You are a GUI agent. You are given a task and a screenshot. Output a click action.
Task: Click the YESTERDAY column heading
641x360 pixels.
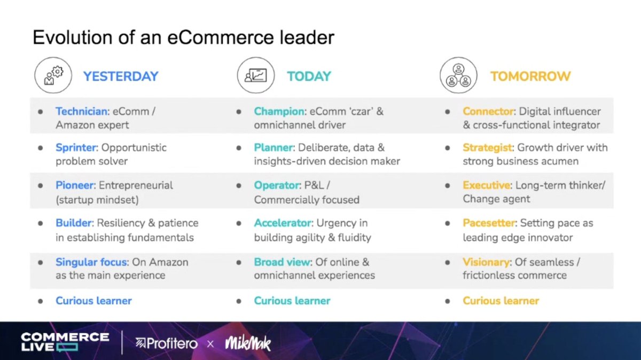pyautogui.click(x=120, y=76)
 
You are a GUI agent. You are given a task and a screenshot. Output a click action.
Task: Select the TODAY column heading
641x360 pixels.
pyautogui.click(x=309, y=76)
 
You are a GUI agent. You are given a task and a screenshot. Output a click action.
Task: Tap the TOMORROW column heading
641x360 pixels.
pyautogui.click(x=530, y=76)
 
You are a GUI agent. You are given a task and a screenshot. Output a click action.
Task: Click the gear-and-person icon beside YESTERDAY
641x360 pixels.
pyautogui.click(x=53, y=75)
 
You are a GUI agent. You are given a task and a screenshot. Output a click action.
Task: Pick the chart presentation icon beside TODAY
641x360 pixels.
pyautogui.click(x=255, y=75)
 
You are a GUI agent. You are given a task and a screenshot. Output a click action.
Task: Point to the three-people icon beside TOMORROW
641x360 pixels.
pyautogui.click(x=458, y=75)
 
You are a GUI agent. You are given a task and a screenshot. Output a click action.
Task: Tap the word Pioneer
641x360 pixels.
pyautogui.click(x=74, y=185)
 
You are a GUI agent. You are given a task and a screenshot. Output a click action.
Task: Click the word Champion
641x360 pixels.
pyautogui.click(x=278, y=112)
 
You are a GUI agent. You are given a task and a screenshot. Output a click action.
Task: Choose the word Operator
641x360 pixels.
pyautogui.click(x=276, y=185)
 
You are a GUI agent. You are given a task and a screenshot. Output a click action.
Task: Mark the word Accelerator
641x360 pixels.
pyautogui.click(x=283, y=223)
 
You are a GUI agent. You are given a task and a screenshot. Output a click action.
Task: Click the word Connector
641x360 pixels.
pyautogui.click(x=488, y=112)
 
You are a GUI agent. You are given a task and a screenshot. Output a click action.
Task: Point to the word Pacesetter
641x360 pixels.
pyautogui.click(x=488, y=223)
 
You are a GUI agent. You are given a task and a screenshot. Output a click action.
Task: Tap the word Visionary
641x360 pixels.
pyautogui.click(x=486, y=262)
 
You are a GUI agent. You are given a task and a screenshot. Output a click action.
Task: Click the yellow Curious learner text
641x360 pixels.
pyautogui.click(x=501, y=301)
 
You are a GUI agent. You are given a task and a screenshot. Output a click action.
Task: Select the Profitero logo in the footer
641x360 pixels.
pyautogui.click(x=166, y=343)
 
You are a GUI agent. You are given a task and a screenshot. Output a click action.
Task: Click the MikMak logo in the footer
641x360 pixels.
pyautogui.click(x=248, y=343)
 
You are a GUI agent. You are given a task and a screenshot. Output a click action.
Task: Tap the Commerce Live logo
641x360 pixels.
pyautogui.click(x=65, y=342)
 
